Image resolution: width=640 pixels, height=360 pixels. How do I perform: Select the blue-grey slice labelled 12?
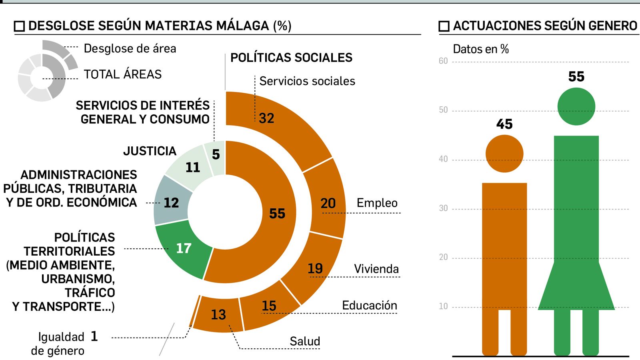click(171, 202)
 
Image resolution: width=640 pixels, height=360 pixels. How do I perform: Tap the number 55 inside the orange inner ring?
click(277, 213)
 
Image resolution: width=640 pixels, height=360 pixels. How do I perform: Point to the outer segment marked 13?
click(218, 315)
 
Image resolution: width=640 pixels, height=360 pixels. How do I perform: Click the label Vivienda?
click(376, 269)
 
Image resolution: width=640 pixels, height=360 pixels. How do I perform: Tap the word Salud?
click(305, 341)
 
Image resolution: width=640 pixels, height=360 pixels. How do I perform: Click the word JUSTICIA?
click(150, 151)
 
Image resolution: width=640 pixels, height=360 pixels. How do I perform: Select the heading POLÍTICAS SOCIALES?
click(291, 58)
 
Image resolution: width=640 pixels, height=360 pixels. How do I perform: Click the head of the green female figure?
click(576, 106)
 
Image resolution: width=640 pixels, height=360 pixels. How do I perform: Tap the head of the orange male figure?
click(504, 154)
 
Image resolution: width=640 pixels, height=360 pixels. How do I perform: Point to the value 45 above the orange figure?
click(504, 124)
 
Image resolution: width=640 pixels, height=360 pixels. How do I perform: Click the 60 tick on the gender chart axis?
click(443, 61)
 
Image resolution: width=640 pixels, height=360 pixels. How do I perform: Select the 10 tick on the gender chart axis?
click(443, 306)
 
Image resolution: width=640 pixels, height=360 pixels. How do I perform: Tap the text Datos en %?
click(481, 49)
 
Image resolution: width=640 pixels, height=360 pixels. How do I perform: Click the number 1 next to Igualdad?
click(94, 336)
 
